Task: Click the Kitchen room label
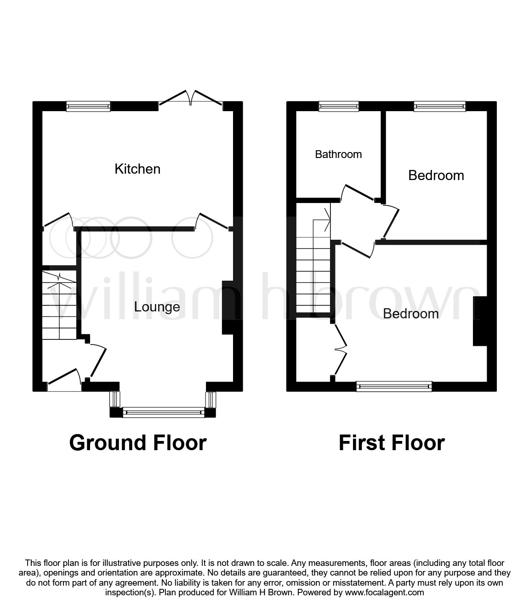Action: [x=137, y=169]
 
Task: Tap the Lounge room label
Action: [x=157, y=307]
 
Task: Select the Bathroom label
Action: [x=338, y=154]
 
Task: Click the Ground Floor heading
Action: [x=138, y=443]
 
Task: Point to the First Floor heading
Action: [x=392, y=443]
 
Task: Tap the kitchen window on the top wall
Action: [x=88, y=107]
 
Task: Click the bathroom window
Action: [x=339, y=107]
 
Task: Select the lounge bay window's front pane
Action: [x=163, y=412]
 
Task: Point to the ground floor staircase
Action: [x=59, y=305]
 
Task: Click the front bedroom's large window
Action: [x=394, y=386]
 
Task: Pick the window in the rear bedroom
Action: [x=439, y=107]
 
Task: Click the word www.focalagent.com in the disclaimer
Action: [x=385, y=593]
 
